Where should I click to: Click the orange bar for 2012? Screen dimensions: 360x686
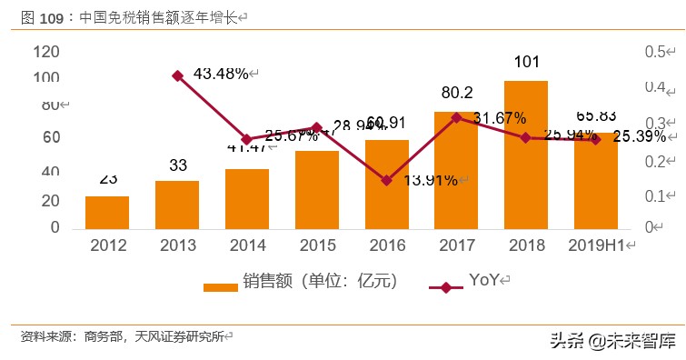(x=107, y=212)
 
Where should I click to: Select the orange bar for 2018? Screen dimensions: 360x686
(x=525, y=155)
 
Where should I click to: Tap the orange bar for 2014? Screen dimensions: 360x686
(x=247, y=198)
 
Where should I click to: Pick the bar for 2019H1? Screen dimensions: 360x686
(x=595, y=182)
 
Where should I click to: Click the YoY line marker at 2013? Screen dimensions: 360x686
(x=177, y=76)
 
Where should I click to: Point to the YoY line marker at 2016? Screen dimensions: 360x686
(x=386, y=180)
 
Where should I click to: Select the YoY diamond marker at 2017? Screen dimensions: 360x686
(x=456, y=117)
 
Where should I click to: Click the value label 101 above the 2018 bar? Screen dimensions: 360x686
(x=525, y=63)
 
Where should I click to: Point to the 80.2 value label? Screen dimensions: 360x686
(x=456, y=93)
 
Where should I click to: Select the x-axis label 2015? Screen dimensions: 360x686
(x=316, y=245)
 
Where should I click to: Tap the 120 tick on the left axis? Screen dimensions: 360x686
(x=45, y=53)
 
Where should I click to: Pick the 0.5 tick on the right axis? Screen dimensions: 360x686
(x=657, y=53)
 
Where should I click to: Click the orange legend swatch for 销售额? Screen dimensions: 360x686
(x=220, y=285)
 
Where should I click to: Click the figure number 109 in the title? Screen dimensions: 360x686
(x=53, y=16)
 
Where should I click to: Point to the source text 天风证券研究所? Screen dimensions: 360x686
(x=179, y=336)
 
